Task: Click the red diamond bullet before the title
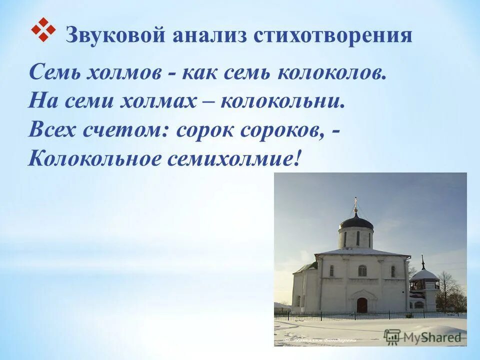(42, 29)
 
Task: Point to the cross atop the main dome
(356, 202)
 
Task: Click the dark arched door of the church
(361, 304)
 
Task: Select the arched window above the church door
(362, 270)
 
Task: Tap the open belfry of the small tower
(424, 285)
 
